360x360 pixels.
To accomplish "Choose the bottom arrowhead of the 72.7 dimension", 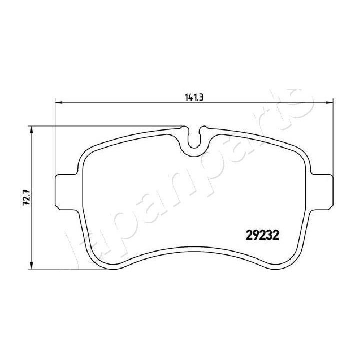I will click(32, 266).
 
